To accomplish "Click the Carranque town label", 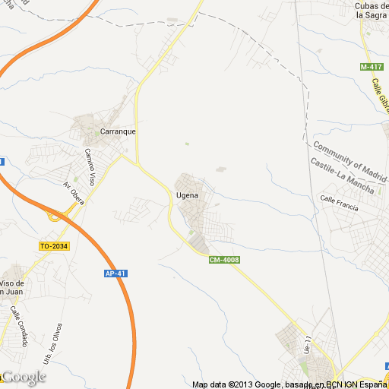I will pyautogui.click(x=118, y=131).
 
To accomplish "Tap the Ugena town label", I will pyautogui.click(x=187, y=196).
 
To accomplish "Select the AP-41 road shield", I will pyautogui.click(x=115, y=274).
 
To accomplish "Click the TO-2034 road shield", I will pyautogui.click(x=54, y=245).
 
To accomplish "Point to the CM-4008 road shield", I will pyautogui.click(x=225, y=260).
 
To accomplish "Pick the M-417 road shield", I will pyautogui.click(x=370, y=68).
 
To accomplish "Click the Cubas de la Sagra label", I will pyautogui.click(x=372, y=11).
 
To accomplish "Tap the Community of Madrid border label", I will pyautogui.click(x=350, y=154).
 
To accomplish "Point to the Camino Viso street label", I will pyautogui.click(x=90, y=166).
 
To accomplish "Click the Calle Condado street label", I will pyautogui.click(x=19, y=325).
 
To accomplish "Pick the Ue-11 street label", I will pyautogui.click(x=308, y=345).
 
